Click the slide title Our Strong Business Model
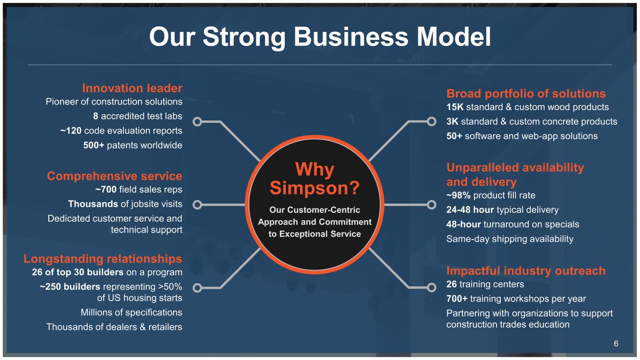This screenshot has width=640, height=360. point(320,37)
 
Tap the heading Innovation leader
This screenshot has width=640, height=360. point(132,88)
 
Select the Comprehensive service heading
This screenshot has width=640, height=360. point(114,176)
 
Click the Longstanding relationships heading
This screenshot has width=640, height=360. point(103,259)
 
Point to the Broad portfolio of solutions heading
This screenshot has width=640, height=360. point(526,94)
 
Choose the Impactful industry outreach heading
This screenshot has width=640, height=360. point(526,271)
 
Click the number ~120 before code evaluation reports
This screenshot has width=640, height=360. point(71,131)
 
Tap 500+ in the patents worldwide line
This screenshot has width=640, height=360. point(94,145)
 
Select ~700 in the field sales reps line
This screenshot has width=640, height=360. point(106,189)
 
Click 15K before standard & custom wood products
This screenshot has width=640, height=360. point(455,107)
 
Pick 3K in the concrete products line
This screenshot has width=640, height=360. point(452,121)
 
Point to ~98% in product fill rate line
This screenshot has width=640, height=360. point(458,195)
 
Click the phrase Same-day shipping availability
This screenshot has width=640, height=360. point(510,239)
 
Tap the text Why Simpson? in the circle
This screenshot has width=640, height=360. point(315,179)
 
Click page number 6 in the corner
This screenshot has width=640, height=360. point(616,344)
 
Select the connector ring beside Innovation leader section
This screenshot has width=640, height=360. point(197,122)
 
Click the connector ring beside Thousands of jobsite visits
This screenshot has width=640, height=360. point(197,205)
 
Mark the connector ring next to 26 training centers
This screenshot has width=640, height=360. point(431,288)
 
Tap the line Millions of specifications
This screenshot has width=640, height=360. point(131,313)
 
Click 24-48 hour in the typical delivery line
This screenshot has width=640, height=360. point(470,210)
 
